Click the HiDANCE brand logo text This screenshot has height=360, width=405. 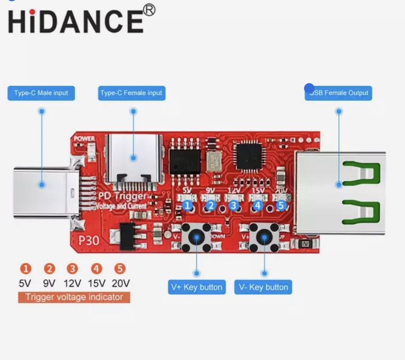click(x=75, y=22)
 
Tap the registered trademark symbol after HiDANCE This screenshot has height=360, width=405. click(x=148, y=10)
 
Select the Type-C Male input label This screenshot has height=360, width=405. click(x=41, y=93)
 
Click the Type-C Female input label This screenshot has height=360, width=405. click(x=131, y=93)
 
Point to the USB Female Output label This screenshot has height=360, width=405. click(x=339, y=93)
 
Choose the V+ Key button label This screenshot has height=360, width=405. click(x=197, y=287)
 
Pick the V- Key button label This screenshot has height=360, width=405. click(x=263, y=287)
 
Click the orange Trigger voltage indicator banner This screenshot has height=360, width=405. click(x=74, y=297)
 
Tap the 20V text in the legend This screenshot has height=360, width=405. click(x=120, y=283)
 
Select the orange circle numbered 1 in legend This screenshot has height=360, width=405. click(x=26, y=268)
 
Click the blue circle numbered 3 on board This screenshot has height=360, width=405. click(x=234, y=206)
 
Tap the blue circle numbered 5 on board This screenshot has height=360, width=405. click(x=281, y=205)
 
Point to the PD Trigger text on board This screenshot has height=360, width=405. click(x=126, y=197)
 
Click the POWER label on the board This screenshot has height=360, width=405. click(x=84, y=139)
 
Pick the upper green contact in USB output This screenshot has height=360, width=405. click(x=361, y=173)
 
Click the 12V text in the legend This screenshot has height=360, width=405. click(x=73, y=283)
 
